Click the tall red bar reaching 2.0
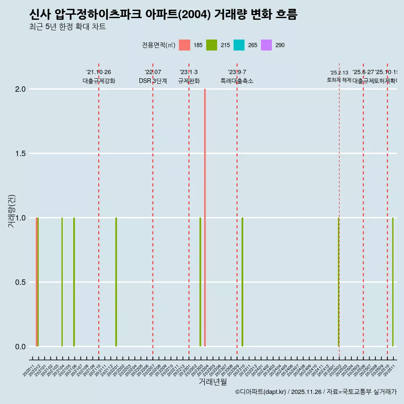click(x=205, y=217)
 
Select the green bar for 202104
click(x=62, y=282)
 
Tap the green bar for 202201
click(x=116, y=282)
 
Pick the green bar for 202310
click(x=242, y=282)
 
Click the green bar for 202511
click(x=393, y=282)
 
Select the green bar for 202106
click(x=74, y=282)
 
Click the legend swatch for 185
click(x=184, y=45)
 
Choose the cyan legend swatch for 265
click(x=239, y=45)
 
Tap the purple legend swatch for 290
click(x=266, y=45)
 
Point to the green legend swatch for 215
click(x=212, y=45)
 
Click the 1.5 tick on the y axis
click(x=20, y=154)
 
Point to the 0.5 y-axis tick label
click(x=20, y=282)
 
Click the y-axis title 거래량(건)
click(x=11, y=211)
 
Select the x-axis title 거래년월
click(x=213, y=382)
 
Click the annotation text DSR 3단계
click(x=153, y=81)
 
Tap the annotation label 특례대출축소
click(x=237, y=81)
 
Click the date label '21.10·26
click(x=98, y=72)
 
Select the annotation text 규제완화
click(x=189, y=81)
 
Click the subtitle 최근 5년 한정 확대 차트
click(x=67, y=27)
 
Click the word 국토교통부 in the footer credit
click(x=357, y=392)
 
